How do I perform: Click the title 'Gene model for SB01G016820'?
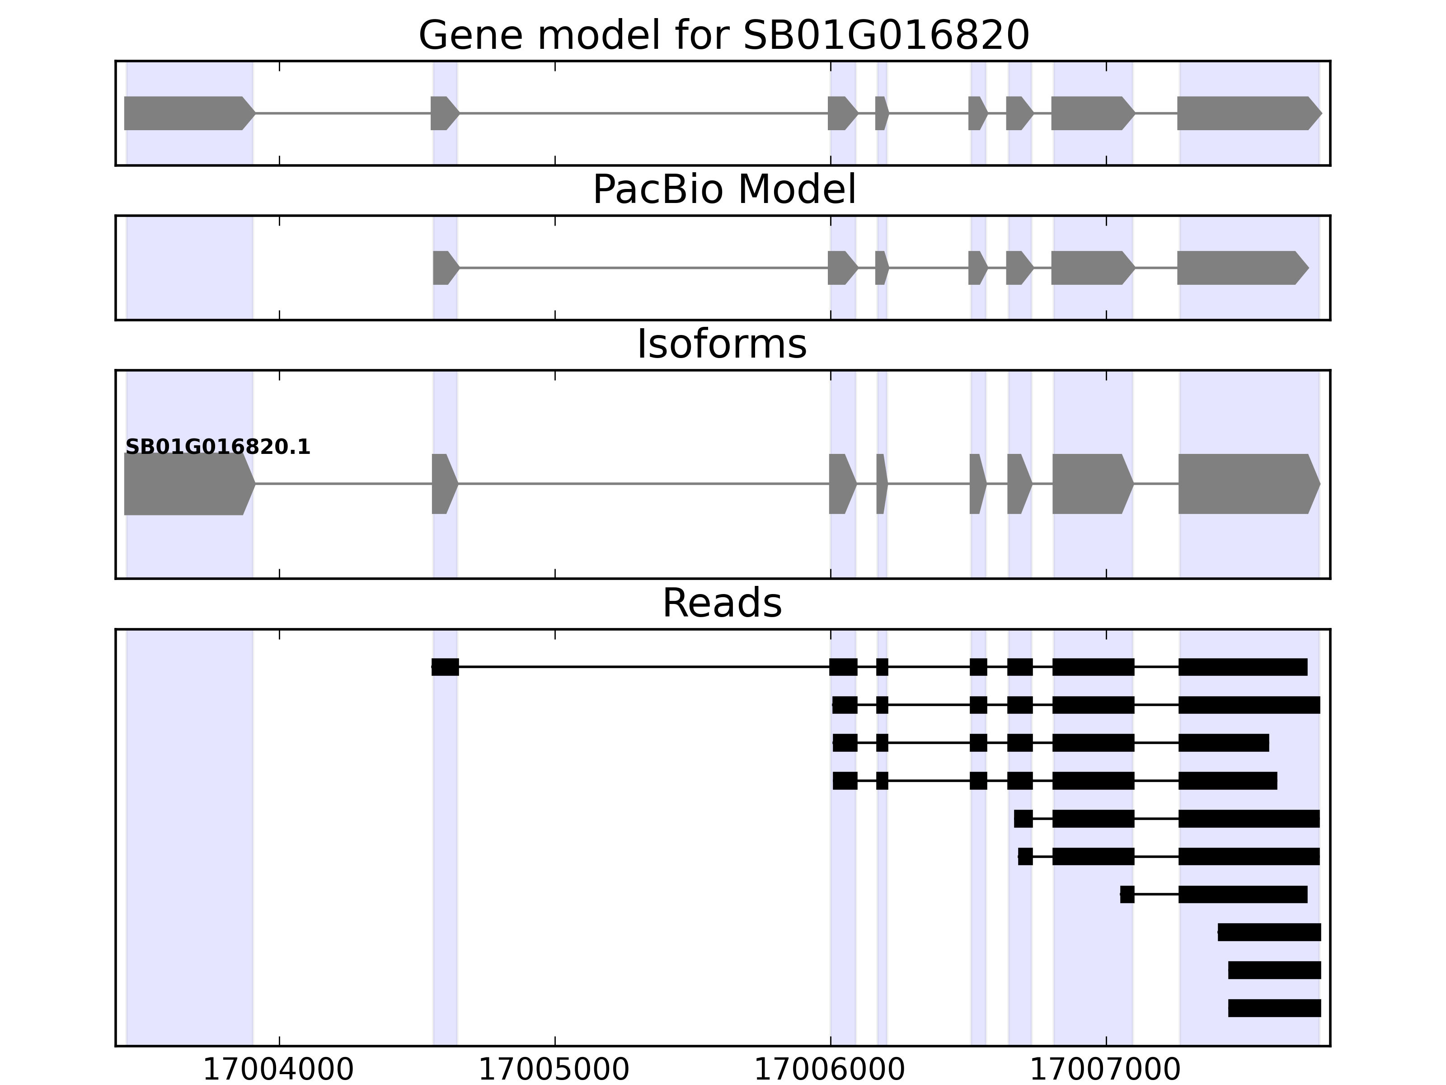pyautogui.click(x=723, y=36)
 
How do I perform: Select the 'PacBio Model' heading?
pyautogui.click(x=723, y=190)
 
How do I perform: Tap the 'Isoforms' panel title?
pyautogui.click(x=722, y=344)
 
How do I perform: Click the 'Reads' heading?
pyautogui.click(x=722, y=604)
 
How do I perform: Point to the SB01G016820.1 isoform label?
pyautogui.click(x=218, y=448)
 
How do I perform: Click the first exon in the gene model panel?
pyautogui.click(x=186, y=113)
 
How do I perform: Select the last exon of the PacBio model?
pyautogui.click(x=1239, y=268)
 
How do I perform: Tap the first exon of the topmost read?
pyautogui.click(x=445, y=667)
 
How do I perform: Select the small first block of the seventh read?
pyautogui.click(x=1127, y=895)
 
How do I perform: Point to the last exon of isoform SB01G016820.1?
pyautogui.click(x=1246, y=484)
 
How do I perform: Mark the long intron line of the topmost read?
pyautogui.click(x=644, y=667)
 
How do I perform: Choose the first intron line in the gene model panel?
pyautogui.click(x=343, y=113)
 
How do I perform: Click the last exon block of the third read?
pyautogui.click(x=1224, y=743)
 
